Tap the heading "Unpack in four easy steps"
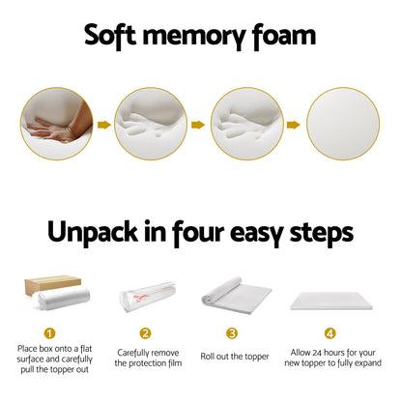200,233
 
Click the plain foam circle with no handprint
342,124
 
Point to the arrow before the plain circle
294,124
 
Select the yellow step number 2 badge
146,333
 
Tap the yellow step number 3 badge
232,333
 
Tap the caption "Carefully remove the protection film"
148,358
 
